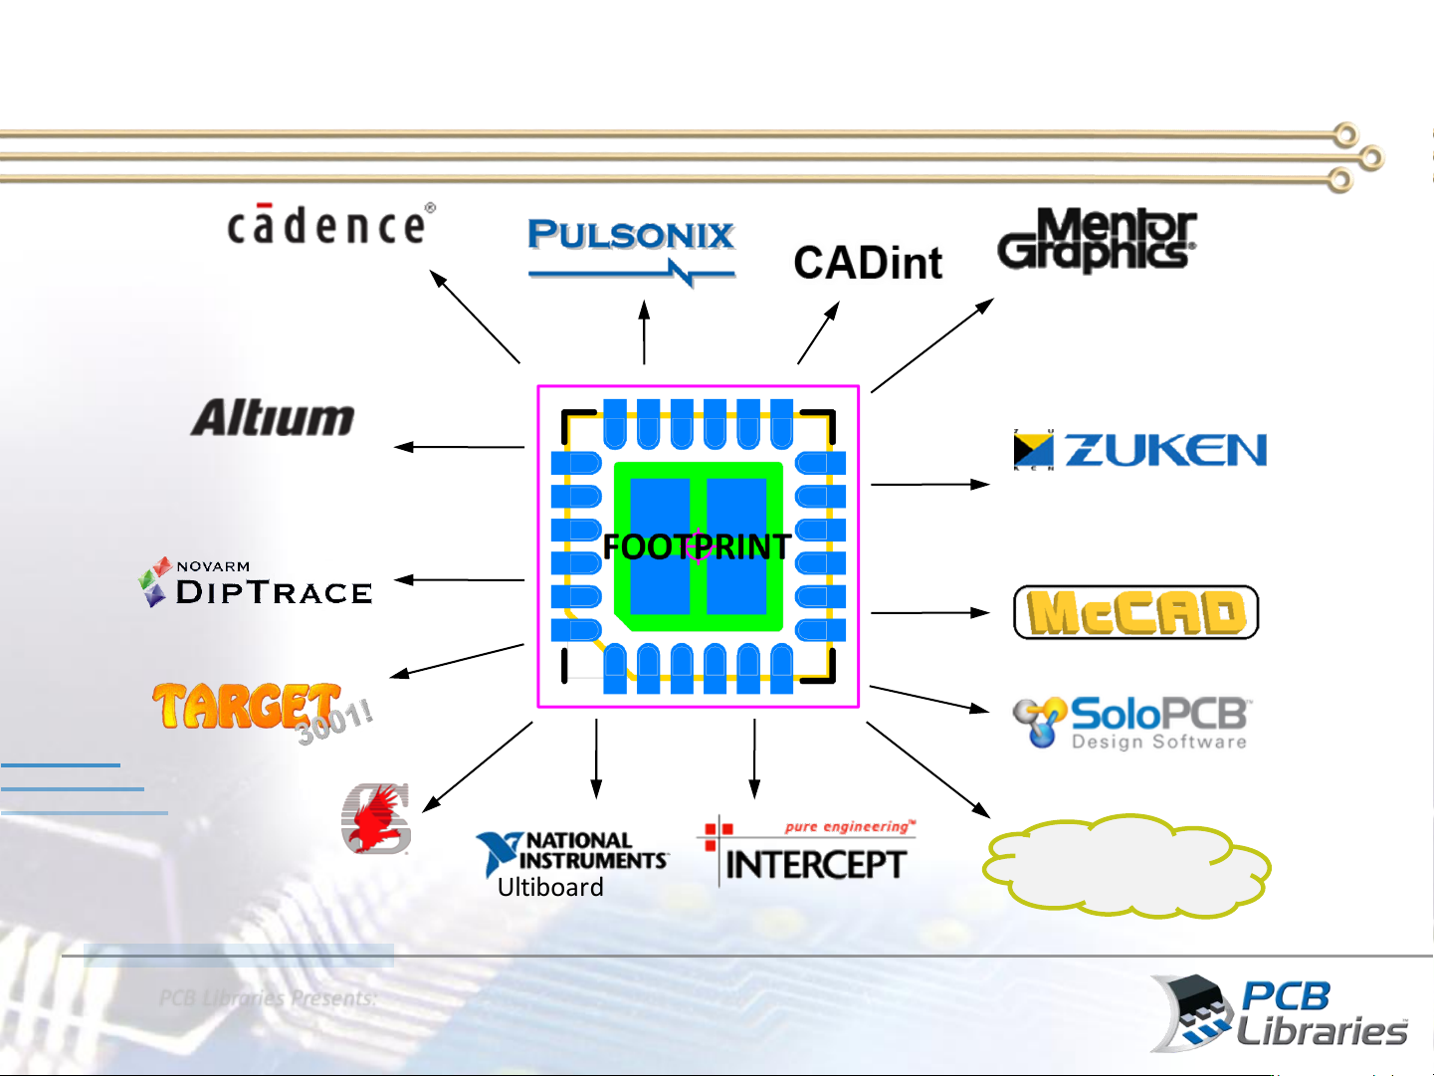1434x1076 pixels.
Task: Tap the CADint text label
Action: (868, 263)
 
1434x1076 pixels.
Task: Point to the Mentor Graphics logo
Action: (1097, 239)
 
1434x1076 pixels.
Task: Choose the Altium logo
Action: (273, 418)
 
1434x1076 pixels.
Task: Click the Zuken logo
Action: (1139, 450)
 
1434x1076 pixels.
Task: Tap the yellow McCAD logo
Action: (1135, 612)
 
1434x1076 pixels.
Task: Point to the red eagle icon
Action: (376, 819)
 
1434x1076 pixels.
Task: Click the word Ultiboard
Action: (550, 887)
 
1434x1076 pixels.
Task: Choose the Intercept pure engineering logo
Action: (809, 853)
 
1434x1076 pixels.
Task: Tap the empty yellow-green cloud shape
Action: (1127, 865)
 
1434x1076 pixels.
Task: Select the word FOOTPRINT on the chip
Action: (697, 546)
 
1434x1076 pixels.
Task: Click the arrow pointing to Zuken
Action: (929, 485)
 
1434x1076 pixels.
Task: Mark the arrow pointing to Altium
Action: (460, 448)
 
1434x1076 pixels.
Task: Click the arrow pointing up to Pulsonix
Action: (645, 332)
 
